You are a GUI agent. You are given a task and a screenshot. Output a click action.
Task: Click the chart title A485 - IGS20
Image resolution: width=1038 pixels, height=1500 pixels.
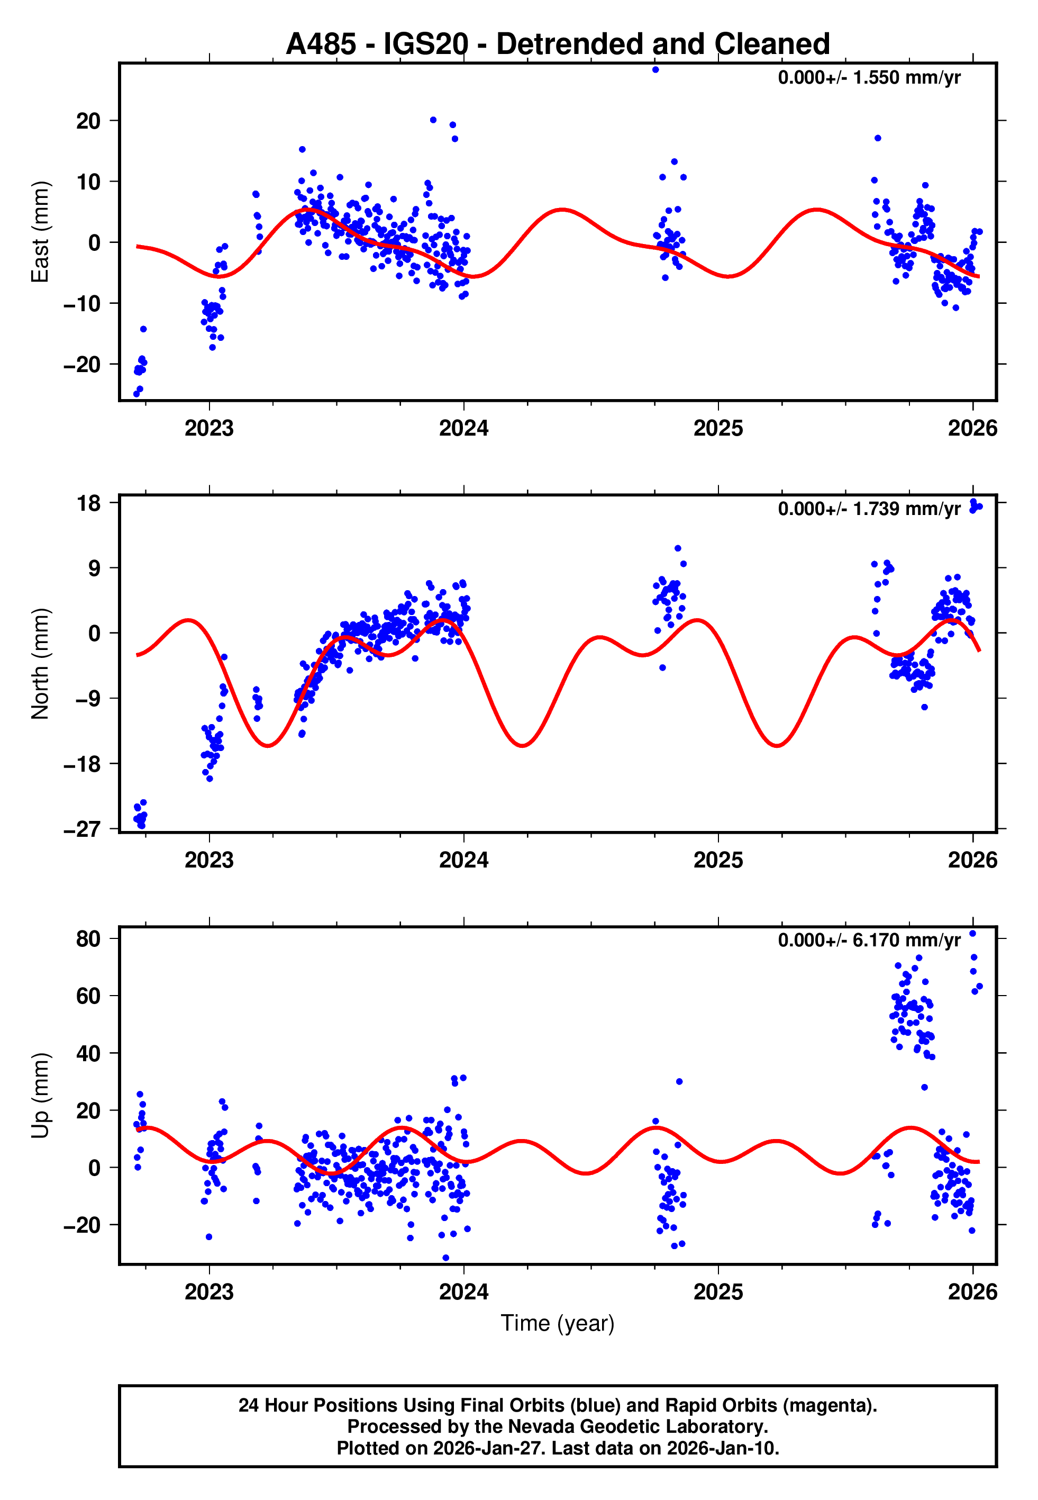coord(558,44)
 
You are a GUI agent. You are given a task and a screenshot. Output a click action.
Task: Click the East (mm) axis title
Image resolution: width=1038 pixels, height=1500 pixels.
coord(40,232)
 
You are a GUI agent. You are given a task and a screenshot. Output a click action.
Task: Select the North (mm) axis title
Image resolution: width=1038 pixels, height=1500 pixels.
coord(40,664)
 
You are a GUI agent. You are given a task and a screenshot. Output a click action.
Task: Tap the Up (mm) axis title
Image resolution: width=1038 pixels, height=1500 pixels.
coord(40,1096)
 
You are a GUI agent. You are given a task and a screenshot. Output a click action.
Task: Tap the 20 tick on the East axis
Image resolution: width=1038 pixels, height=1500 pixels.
coord(88,121)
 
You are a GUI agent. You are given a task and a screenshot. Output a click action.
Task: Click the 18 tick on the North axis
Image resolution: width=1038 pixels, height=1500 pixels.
coord(88,503)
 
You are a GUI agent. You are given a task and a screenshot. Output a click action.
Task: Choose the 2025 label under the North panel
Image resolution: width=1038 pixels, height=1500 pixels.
coord(718,860)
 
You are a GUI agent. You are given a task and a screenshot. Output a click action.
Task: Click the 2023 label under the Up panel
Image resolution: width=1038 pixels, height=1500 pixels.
coord(209,1291)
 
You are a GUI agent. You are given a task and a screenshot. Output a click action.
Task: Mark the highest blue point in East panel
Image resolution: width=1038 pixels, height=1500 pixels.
coord(655,69)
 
